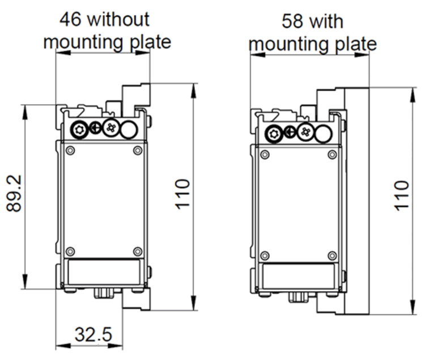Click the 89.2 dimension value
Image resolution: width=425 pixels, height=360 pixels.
tap(14, 193)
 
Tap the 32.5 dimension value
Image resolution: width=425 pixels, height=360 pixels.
tap(93, 335)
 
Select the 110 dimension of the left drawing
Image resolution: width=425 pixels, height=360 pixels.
tap(182, 194)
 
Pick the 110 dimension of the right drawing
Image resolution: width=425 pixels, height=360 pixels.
tap(401, 196)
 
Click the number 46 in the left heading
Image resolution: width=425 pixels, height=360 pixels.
tap(70, 19)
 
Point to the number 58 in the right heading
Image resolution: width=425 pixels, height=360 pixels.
tap(292, 21)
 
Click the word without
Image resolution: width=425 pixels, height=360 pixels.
tap(119, 19)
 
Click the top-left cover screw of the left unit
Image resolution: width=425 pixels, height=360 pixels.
tap(70, 150)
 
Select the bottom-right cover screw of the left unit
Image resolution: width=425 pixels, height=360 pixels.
tap(138, 251)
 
